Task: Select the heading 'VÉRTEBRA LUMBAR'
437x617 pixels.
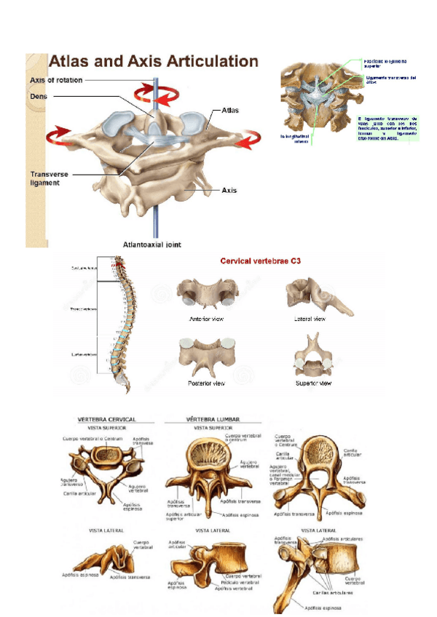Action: (x=213, y=419)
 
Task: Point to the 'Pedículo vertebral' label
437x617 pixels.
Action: (x=238, y=582)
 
